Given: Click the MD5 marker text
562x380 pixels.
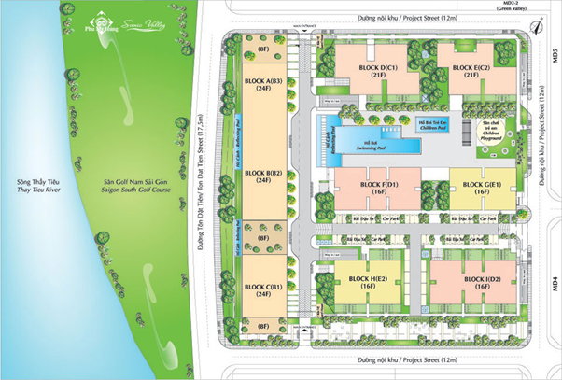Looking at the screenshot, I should pos(555,56).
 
